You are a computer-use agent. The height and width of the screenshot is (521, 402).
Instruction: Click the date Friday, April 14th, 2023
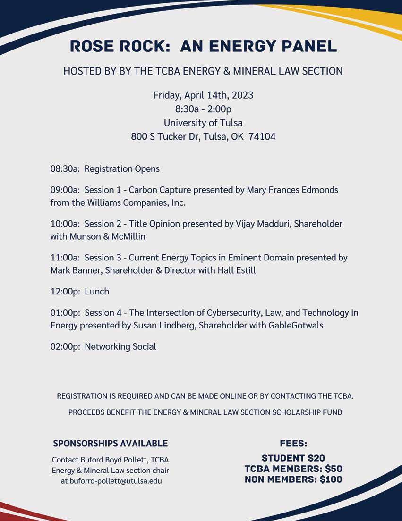point(203,95)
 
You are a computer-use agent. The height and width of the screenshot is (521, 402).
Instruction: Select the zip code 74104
point(262,137)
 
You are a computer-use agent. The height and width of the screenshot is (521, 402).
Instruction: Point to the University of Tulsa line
point(203,123)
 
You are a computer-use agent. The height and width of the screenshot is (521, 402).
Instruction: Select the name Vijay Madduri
point(262,224)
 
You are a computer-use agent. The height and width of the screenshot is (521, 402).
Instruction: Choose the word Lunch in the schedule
point(97,292)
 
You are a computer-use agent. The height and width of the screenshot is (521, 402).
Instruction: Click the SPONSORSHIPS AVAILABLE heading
point(111,444)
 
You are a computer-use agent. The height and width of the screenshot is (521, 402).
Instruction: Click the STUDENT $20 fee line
point(293,458)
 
